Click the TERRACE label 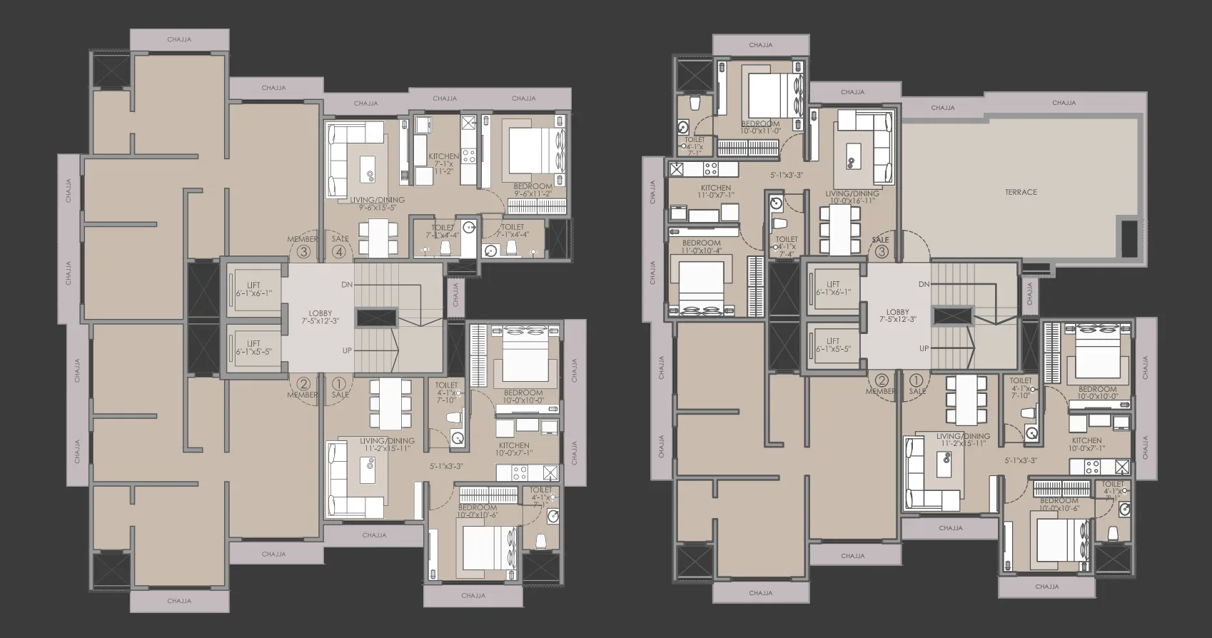coord(1021,192)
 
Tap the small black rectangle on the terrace coord(1128,238)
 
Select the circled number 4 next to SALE coord(339,251)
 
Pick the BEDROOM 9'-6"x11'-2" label coord(532,190)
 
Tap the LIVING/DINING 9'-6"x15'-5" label coord(382,204)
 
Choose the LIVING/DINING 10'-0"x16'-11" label coord(852,197)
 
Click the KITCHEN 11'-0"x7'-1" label coord(715,192)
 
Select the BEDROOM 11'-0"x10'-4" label coord(702,246)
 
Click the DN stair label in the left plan coord(347,284)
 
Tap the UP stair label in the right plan coord(924,348)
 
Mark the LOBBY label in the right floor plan coord(897,316)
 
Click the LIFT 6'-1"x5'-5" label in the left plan coord(253,348)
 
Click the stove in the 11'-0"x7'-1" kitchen coord(710,169)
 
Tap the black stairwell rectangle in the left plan coord(375,318)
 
